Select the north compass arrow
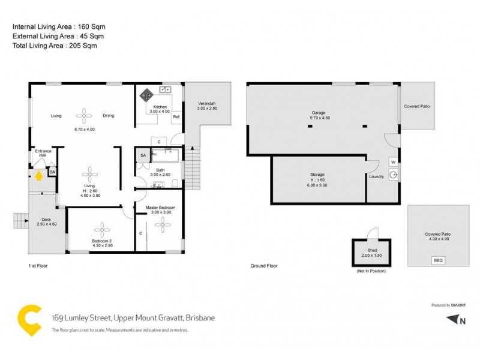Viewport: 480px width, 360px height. pos(453,320)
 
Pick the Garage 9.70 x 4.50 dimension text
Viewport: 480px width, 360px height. pos(318,118)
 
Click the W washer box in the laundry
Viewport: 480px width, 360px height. pos(393,161)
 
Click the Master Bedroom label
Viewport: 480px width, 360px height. pos(161,208)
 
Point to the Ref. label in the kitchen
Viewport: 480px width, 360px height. pos(176,117)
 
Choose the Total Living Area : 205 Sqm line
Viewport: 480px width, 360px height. pos(55,46)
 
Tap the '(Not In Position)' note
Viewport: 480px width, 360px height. pos(371,271)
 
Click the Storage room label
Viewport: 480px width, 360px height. pos(318,174)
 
